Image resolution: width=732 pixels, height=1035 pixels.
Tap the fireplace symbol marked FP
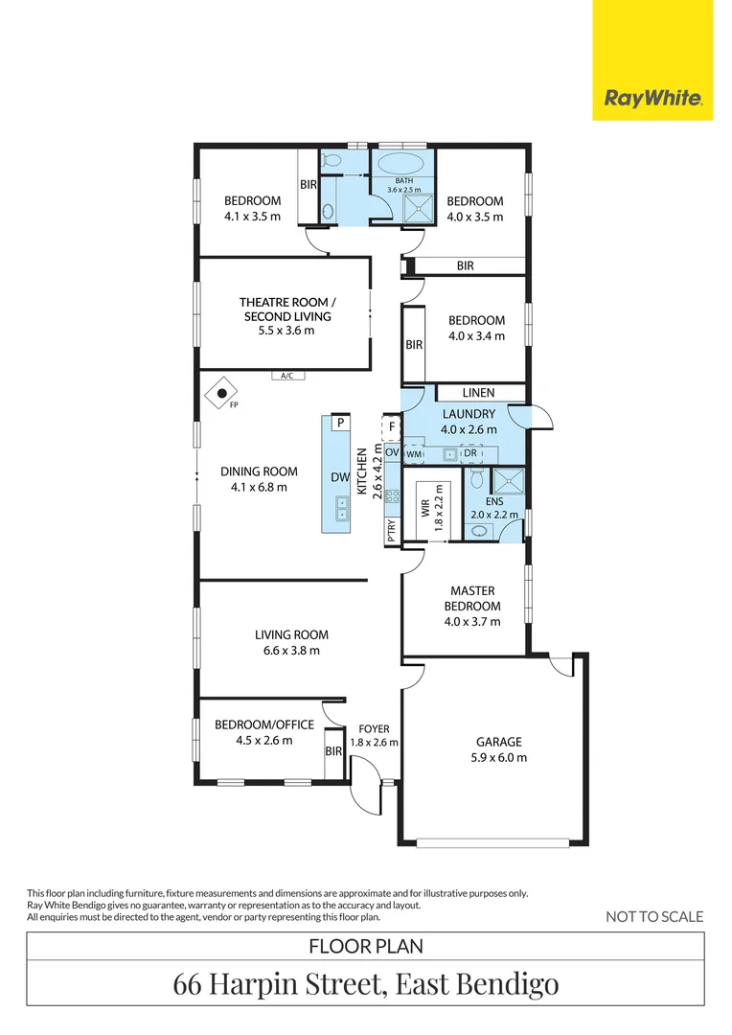coord(221,394)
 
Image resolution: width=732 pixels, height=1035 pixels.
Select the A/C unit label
coord(287,376)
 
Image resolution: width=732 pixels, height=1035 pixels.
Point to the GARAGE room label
coord(499,742)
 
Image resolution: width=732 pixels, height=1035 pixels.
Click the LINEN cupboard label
coord(478,393)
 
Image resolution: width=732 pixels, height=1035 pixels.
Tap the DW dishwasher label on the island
coord(340,477)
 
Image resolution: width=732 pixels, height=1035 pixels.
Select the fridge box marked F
coord(392,427)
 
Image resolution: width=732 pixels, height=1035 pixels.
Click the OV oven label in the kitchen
coord(392,452)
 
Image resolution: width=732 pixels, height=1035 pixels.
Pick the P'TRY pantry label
coord(392,531)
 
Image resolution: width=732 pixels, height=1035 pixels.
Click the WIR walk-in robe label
coord(425,508)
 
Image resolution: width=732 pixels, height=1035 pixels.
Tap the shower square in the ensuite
coord(508,481)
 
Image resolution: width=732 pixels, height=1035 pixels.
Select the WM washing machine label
coord(414,454)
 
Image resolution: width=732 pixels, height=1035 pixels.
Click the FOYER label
coord(375,728)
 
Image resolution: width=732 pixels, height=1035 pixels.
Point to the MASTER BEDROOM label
coord(472,598)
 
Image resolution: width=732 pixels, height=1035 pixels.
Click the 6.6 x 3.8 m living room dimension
coord(291,650)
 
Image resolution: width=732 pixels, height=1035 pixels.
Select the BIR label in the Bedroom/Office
coord(333,751)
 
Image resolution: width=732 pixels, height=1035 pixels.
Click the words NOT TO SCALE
coord(654,916)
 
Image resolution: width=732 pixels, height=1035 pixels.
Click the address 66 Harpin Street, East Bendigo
coord(366,983)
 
